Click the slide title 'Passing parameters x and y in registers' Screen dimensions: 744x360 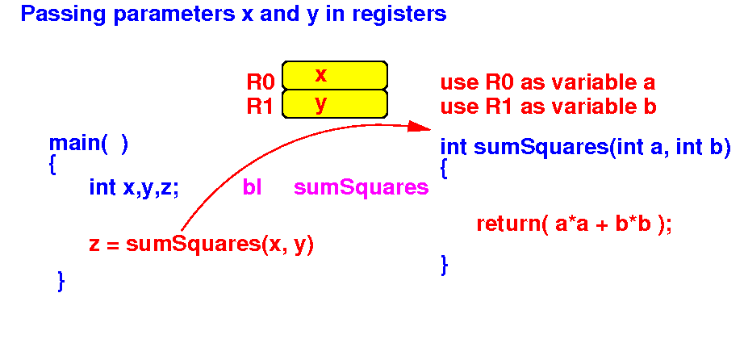tap(233, 15)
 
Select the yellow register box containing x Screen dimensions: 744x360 tap(335, 75)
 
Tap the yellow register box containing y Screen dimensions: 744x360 tap(335, 103)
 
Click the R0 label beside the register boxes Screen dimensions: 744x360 tap(261, 82)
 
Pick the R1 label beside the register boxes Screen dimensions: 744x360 tap(260, 107)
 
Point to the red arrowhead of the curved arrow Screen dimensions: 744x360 tap(420, 127)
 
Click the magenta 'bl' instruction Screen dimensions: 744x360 tap(252, 187)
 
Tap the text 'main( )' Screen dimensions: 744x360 tap(89, 144)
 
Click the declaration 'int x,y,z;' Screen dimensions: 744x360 tap(134, 189)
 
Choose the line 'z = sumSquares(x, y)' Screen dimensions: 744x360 tap(202, 245)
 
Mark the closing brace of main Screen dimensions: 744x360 tap(61, 280)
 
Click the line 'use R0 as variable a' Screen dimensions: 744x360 tap(548, 82)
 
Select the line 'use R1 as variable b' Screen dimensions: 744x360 tap(549, 107)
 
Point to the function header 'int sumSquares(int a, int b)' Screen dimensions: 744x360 tap(585, 148)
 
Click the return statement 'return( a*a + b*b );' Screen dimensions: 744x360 tap(574, 224)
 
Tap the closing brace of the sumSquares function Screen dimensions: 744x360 tap(444, 265)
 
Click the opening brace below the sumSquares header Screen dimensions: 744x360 tap(444, 169)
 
